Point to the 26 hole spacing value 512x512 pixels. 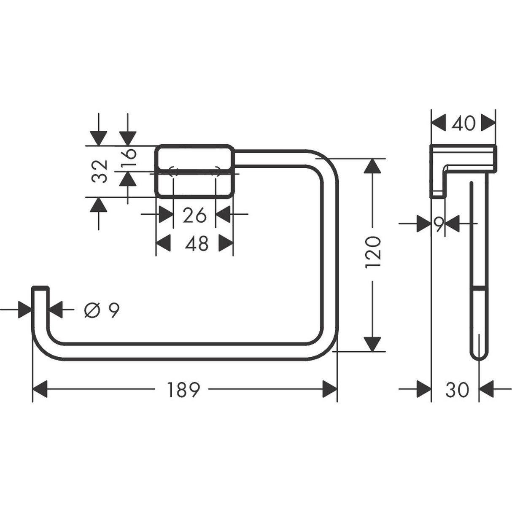[x=194, y=216]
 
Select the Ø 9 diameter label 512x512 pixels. [x=102, y=311]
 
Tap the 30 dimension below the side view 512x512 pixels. [x=457, y=390]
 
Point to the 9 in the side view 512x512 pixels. [x=439, y=224]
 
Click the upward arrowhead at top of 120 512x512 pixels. [x=372, y=165]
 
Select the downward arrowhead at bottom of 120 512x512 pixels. [x=372, y=344]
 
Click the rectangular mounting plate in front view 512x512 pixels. [x=194, y=171]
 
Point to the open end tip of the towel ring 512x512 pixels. [x=40, y=288]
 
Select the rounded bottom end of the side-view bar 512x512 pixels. [x=479, y=355]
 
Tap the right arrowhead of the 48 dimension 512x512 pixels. [x=226, y=243]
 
